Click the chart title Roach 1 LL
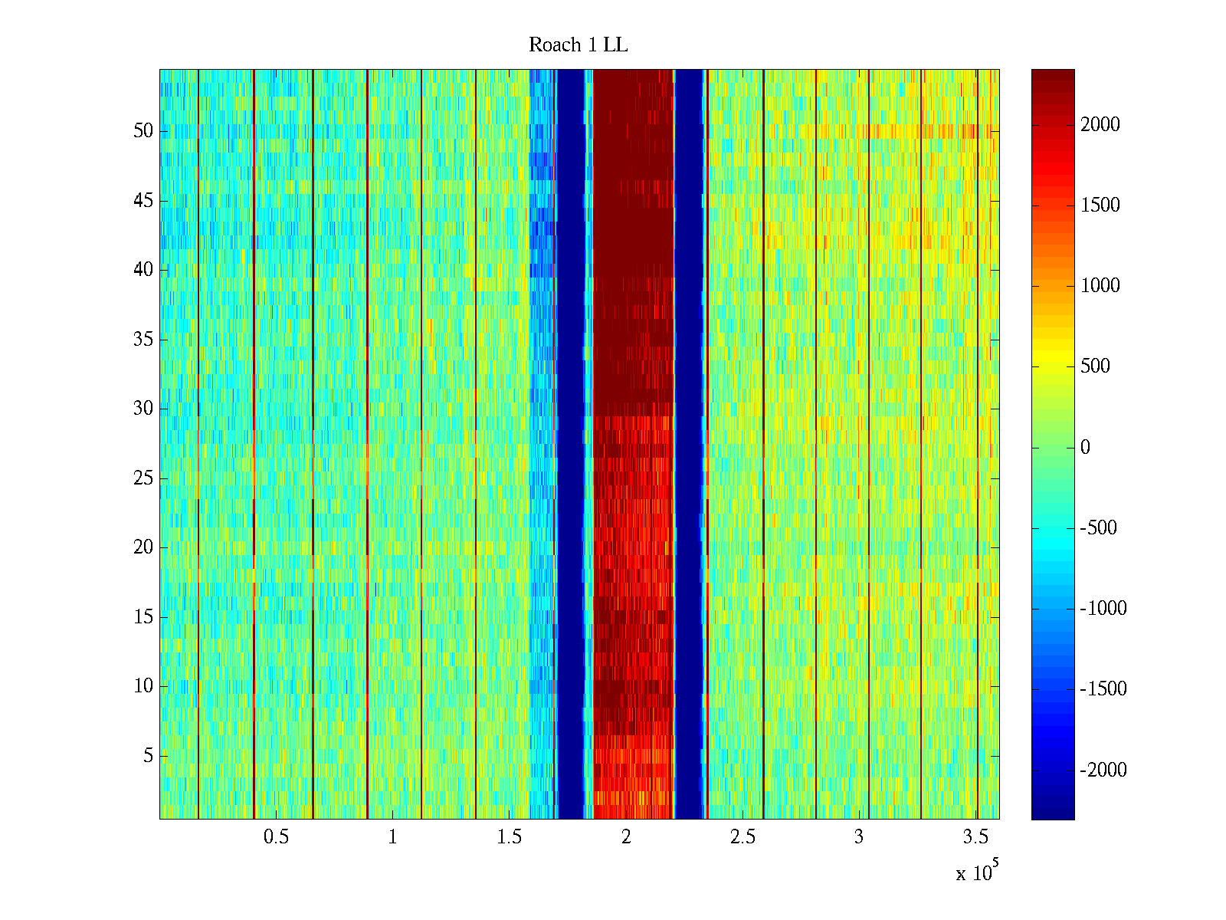pyautogui.click(x=578, y=45)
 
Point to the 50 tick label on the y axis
pyautogui.click(x=143, y=131)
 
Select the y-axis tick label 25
pyautogui.click(x=143, y=478)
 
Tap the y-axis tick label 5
pyautogui.click(x=148, y=756)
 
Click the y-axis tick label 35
pyautogui.click(x=143, y=340)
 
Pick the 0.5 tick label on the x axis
pyautogui.click(x=276, y=837)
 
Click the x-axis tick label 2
pyautogui.click(x=626, y=837)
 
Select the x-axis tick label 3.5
pyautogui.click(x=975, y=837)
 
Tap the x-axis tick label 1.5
pyautogui.click(x=509, y=837)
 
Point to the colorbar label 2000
pyautogui.click(x=1100, y=125)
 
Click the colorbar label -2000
pyautogui.click(x=1103, y=770)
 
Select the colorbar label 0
pyautogui.click(x=1085, y=448)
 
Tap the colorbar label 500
pyautogui.click(x=1095, y=366)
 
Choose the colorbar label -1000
pyautogui.click(x=1103, y=609)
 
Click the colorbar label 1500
pyautogui.click(x=1100, y=205)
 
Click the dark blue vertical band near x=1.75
pyautogui.click(x=571, y=445)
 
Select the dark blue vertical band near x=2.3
pyautogui.click(x=689, y=445)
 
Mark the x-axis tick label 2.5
pyautogui.click(x=742, y=837)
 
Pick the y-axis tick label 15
pyautogui.click(x=143, y=617)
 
